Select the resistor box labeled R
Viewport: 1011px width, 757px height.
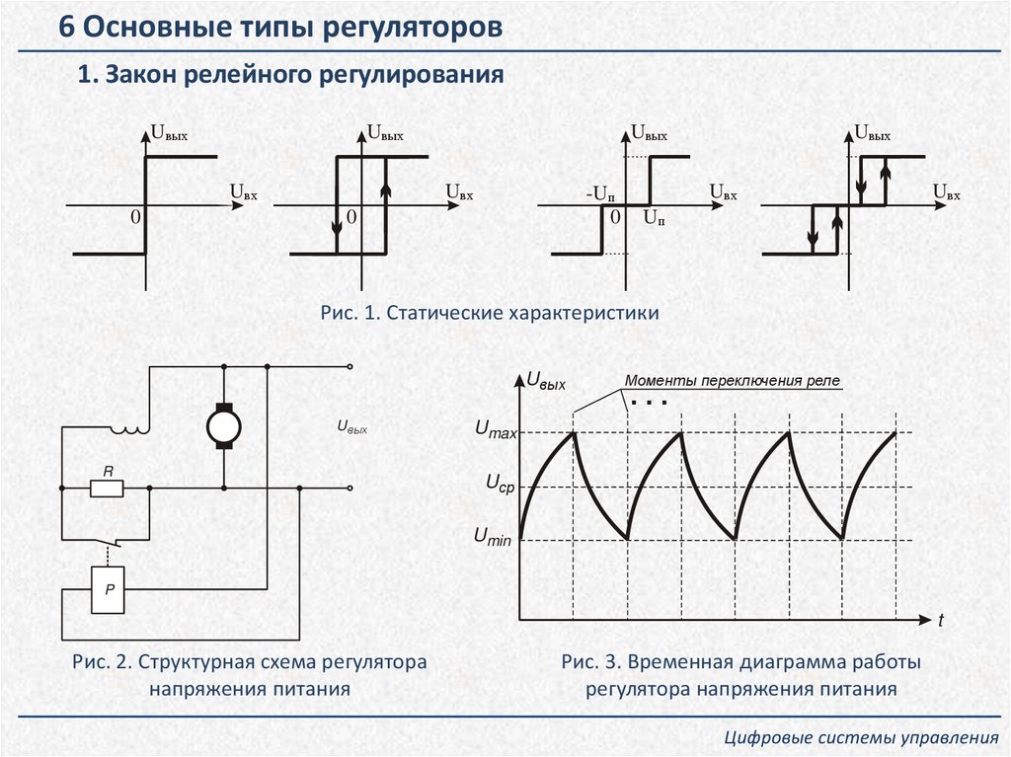pyautogui.click(x=106, y=488)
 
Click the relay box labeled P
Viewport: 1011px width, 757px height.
pyautogui.click(x=110, y=589)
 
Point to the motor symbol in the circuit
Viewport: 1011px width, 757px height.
pyautogui.click(x=224, y=425)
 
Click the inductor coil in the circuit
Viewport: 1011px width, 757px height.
pyautogui.click(x=129, y=427)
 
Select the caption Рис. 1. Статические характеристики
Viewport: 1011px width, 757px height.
pyautogui.click(x=489, y=313)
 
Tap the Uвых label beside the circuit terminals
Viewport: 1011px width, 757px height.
pyautogui.click(x=351, y=427)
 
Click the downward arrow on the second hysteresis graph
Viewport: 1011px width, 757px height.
pyautogui.click(x=338, y=225)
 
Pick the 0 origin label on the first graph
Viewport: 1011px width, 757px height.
pyautogui.click(x=135, y=216)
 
